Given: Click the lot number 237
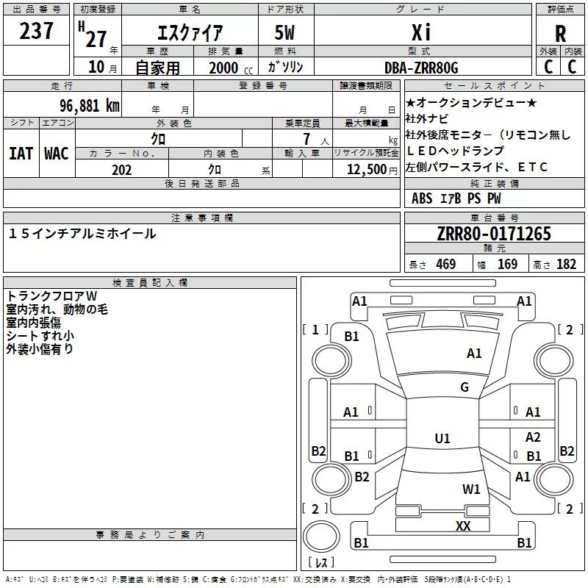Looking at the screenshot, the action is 37,31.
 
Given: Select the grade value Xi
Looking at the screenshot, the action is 422,32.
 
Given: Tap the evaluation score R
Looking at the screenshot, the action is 561,34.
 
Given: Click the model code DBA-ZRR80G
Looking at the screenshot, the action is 422,68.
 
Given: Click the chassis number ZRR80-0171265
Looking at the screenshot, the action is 494,234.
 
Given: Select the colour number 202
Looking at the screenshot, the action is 121,170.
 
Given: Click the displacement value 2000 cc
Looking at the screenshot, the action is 228,68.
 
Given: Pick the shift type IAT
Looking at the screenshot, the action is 21,154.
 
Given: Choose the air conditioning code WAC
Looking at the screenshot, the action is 57,154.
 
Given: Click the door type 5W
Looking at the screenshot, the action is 285,32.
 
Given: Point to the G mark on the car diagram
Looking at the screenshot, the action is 465,387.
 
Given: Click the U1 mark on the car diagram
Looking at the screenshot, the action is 442,439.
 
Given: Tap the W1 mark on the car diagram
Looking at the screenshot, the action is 471,490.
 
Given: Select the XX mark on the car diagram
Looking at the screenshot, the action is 463,526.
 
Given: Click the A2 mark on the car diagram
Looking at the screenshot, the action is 533,437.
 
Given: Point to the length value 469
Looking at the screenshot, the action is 445,265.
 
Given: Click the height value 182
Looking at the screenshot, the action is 566,265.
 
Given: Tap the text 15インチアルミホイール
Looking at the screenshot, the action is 82,234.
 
